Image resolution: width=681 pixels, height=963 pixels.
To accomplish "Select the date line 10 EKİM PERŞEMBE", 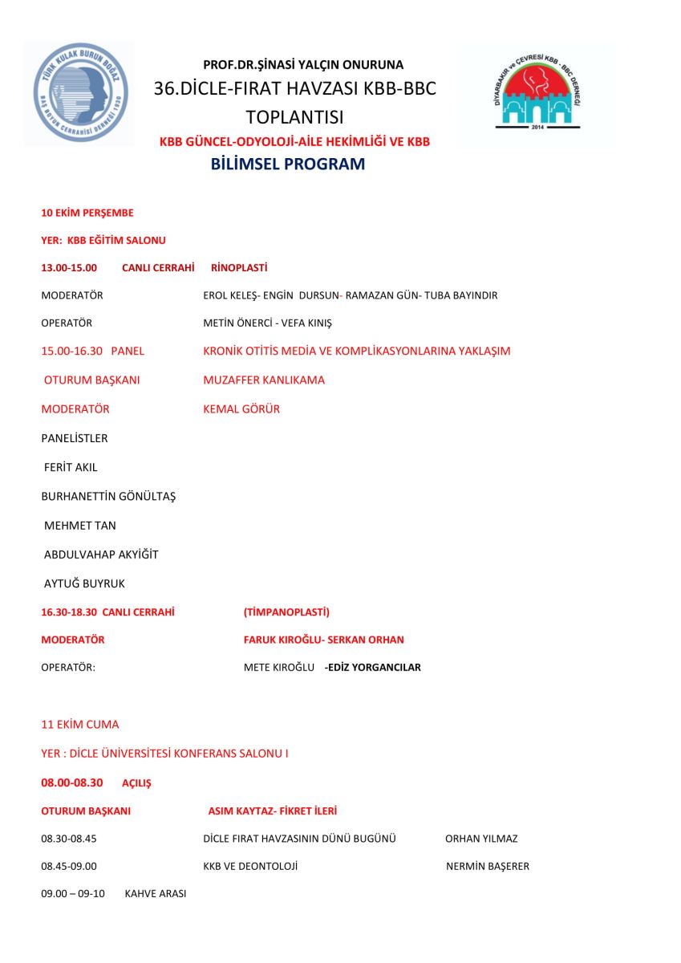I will [x=87, y=213].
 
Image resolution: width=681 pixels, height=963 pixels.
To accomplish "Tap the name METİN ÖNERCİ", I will [x=236, y=323].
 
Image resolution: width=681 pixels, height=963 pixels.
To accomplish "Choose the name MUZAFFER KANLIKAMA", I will [x=264, y=380].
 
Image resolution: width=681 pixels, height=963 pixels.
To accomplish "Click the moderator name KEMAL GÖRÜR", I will [x=241, y=409].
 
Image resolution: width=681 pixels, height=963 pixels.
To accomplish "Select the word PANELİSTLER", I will [x=75, y=438].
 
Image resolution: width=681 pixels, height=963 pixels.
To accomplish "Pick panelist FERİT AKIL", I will [x=71, y=467].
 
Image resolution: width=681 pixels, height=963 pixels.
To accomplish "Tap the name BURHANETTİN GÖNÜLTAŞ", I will [x=108, y=497].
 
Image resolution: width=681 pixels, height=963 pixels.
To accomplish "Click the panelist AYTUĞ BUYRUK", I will [x=84, y=583].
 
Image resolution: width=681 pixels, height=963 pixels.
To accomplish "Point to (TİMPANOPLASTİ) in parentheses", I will [x=286, y=612].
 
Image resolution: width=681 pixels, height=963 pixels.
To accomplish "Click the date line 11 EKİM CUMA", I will [x=79, y=725].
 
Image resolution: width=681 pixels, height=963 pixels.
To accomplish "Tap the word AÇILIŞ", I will [x=136, y=783].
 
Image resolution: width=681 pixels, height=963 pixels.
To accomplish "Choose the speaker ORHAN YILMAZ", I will [x=481, y=839].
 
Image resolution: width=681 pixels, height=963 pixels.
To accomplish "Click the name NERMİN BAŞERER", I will [x=488, y=867].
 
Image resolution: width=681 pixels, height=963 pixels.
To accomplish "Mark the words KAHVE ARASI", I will [x=155, y=893].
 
